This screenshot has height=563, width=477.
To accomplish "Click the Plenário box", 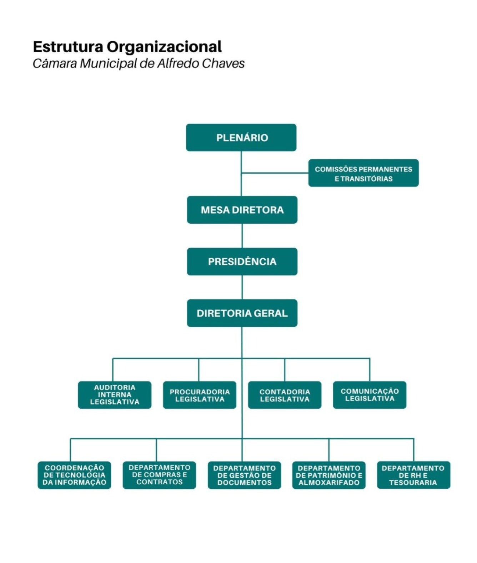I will [241, 138].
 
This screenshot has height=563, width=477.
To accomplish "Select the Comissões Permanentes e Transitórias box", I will [363, 173].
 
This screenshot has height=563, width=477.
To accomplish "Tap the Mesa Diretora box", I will [242, 210].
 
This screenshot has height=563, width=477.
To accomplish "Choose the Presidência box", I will [242, 261].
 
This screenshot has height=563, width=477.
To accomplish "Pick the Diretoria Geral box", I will [242, 313].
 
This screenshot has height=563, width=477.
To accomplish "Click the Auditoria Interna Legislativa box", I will [115, 395].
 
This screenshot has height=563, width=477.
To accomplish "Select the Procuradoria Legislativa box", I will [200, 395].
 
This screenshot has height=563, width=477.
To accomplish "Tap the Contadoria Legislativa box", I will [285, 395].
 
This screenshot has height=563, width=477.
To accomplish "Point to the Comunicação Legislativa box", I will [370, 395].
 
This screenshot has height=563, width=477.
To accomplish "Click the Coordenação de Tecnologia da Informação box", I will [74, 475].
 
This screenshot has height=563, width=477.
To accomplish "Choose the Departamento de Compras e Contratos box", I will [159, 475].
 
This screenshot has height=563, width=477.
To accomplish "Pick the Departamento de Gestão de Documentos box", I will [244, 475].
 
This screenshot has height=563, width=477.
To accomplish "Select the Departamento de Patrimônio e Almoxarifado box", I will [329, 475].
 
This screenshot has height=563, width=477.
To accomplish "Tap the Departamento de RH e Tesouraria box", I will [413, 475].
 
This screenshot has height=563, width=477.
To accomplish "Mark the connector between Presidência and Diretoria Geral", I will [242, 287].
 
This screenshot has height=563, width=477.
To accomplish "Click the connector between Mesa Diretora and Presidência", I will [242, 236].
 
